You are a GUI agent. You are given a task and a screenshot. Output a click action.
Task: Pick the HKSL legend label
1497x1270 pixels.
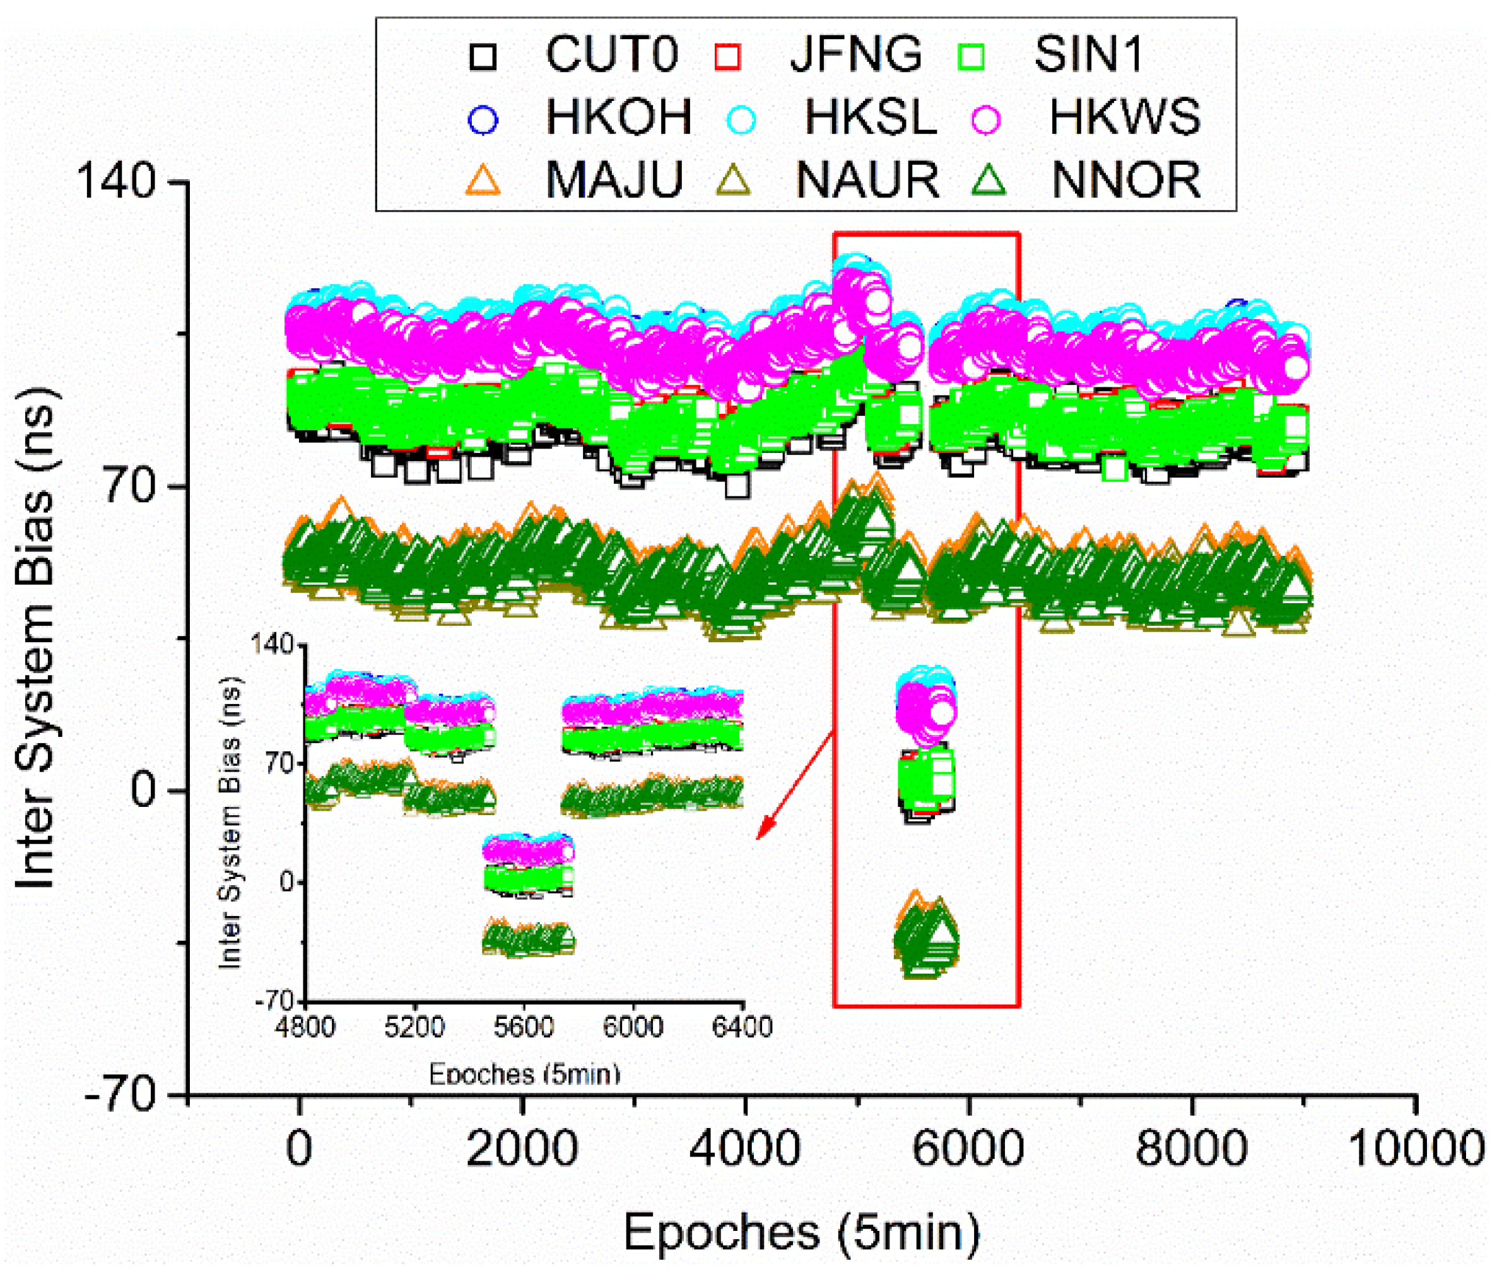pyautogui.click(x=870, y=117)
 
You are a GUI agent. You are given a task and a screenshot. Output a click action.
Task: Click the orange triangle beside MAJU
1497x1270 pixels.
pyautogui.click(x=483, y=180)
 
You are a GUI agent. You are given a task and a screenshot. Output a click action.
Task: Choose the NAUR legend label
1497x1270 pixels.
pyautogui.click(x=867, y=180)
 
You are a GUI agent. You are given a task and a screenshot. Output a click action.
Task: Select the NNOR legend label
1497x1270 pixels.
pyautogui.click(x=1125, y=180)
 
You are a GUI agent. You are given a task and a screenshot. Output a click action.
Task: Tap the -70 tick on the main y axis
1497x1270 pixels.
pyautogui.click(x=119, y=1097)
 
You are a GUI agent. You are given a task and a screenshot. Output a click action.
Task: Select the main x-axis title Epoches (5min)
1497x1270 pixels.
pyautogui.click(x=801, y=1232)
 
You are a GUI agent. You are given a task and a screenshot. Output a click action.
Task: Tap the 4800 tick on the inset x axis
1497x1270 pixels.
pyautogui.click(x=305, y=1026)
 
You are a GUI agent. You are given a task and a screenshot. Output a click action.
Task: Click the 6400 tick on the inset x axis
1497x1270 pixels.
pyautogui.click(x=742, y=1026)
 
